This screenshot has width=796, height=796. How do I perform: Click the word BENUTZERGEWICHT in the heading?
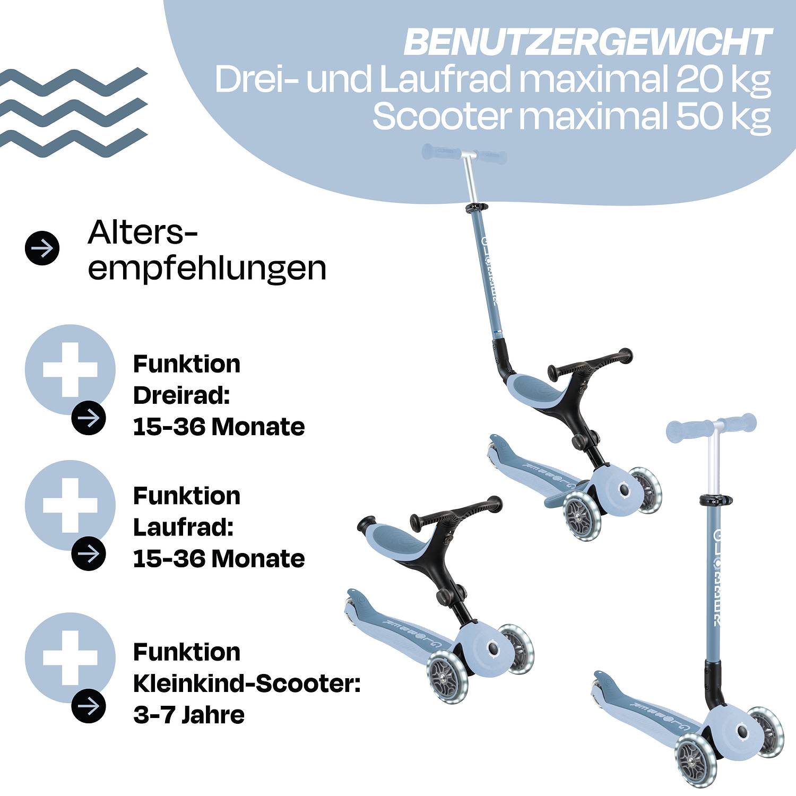587,42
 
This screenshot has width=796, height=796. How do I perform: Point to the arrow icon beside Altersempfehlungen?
42,248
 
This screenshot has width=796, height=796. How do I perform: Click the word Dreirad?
181,395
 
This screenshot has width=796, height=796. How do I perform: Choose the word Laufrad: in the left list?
183,527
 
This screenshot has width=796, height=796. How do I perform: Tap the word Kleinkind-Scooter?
247,683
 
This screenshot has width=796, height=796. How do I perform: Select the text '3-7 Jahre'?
189,715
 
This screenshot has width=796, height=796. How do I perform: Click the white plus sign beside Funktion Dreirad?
70,369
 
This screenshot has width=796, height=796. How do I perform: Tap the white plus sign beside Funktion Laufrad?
70,505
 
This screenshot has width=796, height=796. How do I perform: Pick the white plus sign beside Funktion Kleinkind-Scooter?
70,658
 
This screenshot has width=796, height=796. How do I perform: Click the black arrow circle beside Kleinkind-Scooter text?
89,706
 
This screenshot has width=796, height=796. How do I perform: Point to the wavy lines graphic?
73,113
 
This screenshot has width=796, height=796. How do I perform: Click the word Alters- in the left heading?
142,233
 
